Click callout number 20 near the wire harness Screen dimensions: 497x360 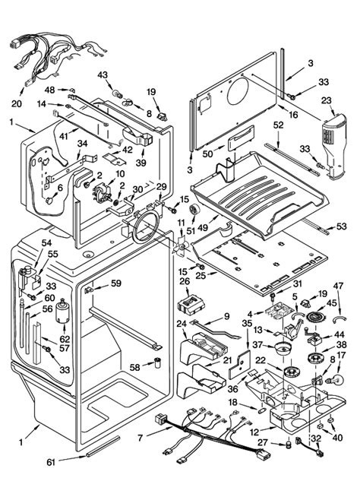click(17, 103)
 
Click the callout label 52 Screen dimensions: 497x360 click(278, 125)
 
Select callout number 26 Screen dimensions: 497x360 click(185, 281)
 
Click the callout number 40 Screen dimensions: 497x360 click(338, 438)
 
